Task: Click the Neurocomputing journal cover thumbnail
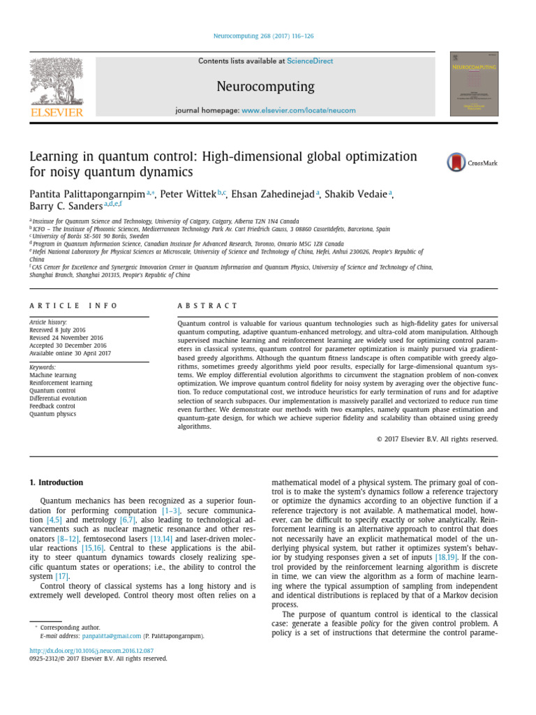[475, 84]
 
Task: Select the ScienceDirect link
[310, 61]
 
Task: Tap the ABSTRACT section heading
[207, 306]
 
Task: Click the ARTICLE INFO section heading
[73, 306]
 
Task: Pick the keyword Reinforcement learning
[60, 383]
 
